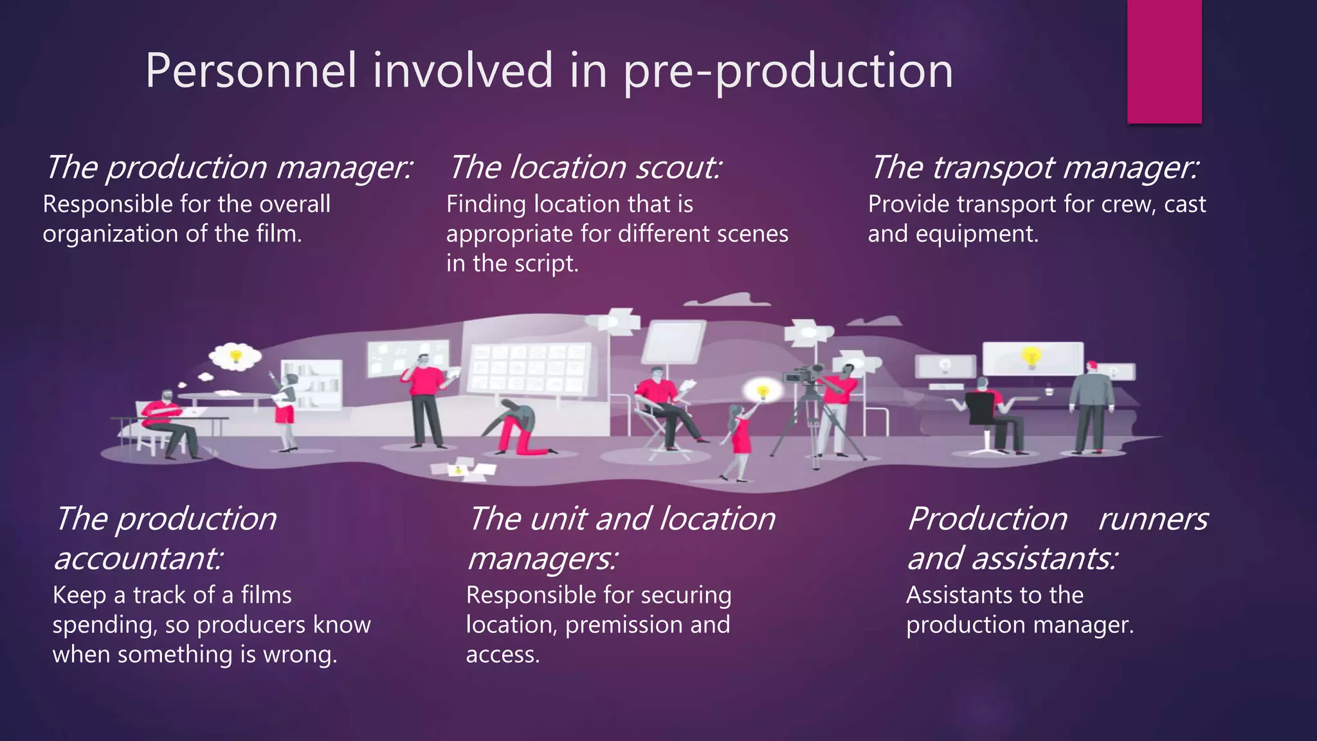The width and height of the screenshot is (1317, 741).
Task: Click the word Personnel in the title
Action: (x=250, y=71)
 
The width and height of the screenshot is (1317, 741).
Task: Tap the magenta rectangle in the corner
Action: (x=1164, y=61)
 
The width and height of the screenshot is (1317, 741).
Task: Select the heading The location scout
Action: (x=585, y=167)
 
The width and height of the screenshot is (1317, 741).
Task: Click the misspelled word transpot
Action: (x=993, y=167)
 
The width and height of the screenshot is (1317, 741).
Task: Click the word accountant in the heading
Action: (x=138, y=558)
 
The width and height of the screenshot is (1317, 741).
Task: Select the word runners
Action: (x=1152, y=518)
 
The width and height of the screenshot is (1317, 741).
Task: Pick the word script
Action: (x=550, y=264)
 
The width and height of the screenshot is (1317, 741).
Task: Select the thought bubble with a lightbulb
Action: (x=235, y=356)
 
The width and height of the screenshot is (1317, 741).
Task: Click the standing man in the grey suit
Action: (x=1091, y=405)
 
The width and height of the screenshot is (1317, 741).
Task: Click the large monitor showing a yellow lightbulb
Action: (x=1031, y=358)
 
